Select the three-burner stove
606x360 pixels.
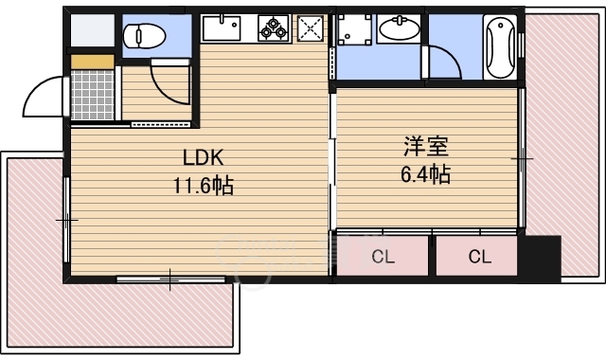(x=274, y=29)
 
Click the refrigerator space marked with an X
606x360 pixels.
(x=311, y=28)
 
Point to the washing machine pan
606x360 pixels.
(x=356, y=29)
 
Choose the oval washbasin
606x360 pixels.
(x=399, y=30)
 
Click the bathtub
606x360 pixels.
(x=498, y=46)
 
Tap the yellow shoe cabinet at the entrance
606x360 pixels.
(x=93, y=62)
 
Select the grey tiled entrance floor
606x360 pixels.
(x=93, y=95)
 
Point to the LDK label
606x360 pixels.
(x=203, y=157)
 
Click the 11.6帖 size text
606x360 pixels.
(x=203, y=185)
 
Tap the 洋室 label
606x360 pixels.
(x=426, y=147)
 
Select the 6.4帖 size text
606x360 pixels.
(x=426, y=174)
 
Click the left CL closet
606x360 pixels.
(x=383, y=256)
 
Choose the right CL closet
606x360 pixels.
(x=478, y=256)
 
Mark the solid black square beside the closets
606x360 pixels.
(x=544, y=255)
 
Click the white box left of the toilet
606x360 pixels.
(x=91, y=29)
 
